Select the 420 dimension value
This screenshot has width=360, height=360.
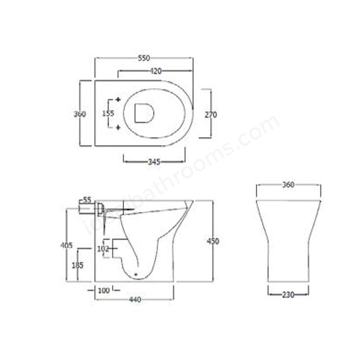[156, 71]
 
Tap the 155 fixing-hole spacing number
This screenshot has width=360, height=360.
[108, 114]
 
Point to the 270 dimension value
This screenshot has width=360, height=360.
[210, 115]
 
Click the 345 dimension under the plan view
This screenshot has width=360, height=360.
[154, 162]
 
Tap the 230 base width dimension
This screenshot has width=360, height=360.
[287, 294]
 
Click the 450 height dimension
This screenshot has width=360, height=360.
[213, 241]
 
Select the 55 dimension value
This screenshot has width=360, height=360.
[87, 200]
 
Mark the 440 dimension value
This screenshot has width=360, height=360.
[134, 299]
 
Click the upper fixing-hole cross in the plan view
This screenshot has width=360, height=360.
[118, 100]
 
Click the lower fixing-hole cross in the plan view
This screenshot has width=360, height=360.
[118, 128]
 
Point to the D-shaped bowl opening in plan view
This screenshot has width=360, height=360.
[145, 114]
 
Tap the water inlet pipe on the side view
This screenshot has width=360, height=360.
[90, 209]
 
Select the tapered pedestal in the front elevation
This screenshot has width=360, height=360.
[287, 242]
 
